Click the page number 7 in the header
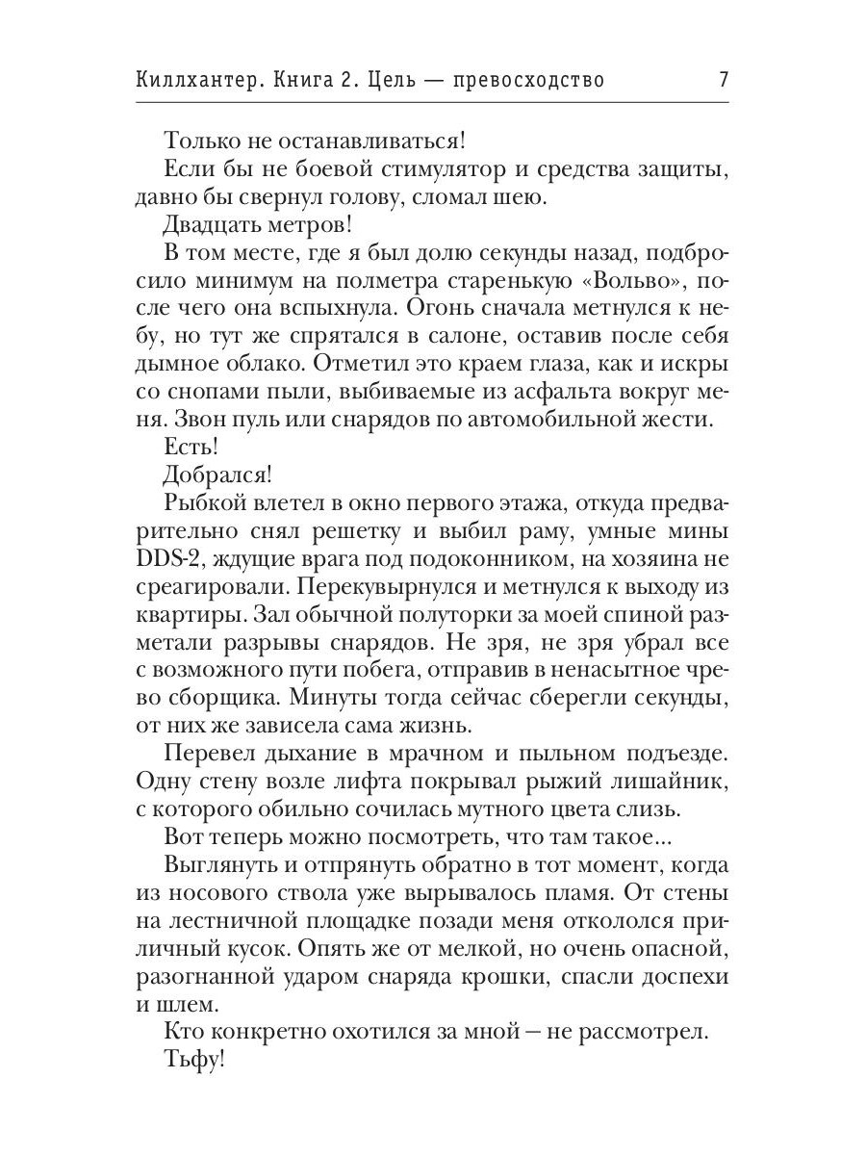[x=723, y=80]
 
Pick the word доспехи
[x=679, y=976]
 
